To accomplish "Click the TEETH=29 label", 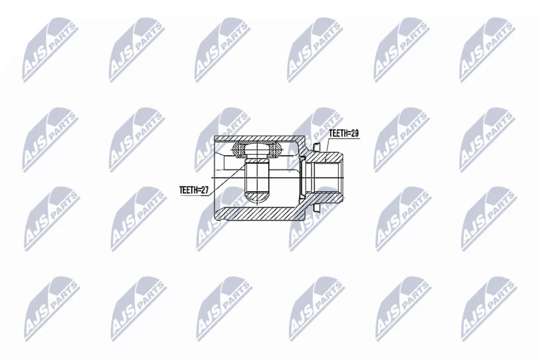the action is pos(344,133).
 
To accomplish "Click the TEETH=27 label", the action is pos(194,190).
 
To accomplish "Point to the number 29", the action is pos(354,133).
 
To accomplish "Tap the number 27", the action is pos(205,190).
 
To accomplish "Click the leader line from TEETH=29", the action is pos(327,149).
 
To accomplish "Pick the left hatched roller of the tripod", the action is pos(237,149).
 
